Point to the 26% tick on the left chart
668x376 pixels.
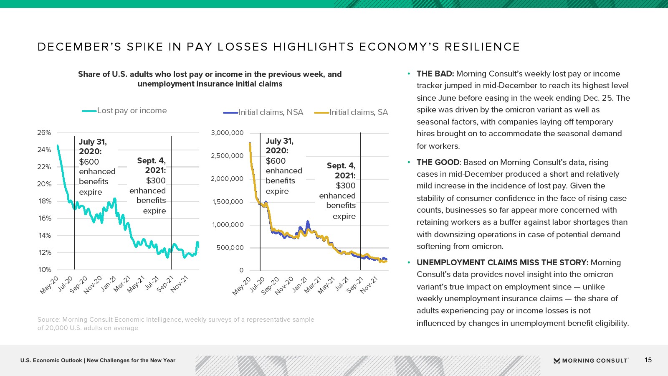pyautogui.click(x=44, y=133)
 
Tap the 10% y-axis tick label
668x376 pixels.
pyautogui.click(x=44, y=270)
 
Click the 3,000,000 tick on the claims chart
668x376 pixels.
pyautogui.click(x=227, y=133)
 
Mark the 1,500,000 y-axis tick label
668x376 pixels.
pyautogui.click(x=227, y=202)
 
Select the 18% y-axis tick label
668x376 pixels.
pyautogui.click(x=44, y=201)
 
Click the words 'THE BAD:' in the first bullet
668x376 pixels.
pyautogui.click(x=435, y=74)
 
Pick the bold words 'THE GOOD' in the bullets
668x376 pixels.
pyautogui.click(x=438, y=163)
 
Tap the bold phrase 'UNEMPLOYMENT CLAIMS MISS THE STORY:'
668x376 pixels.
pyautogui.click(x=502, y=263)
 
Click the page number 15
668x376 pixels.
pyautogui.click(x=648, y=360)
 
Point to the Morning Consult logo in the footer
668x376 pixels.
pyautogui.click(x=591, y=361)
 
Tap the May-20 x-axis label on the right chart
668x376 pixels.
pyautogui.click(x=242, y=286)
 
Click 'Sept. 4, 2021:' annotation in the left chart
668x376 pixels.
pyautogui.click(x=152, y=165)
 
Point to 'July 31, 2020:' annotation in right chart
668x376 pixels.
pyautogui.click(x=279, y=146)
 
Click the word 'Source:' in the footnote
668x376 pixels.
pyautogui.click(x=48, y=320)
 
